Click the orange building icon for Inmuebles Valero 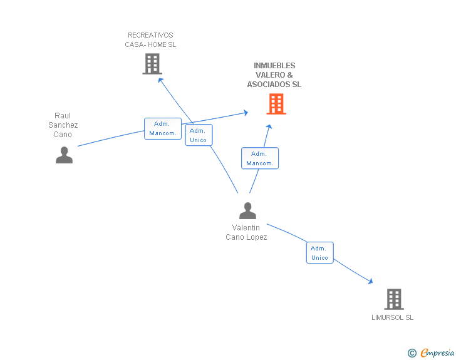276,104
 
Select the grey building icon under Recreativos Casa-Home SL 152,64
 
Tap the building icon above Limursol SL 393,299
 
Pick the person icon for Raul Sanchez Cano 64,155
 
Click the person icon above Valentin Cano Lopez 247,211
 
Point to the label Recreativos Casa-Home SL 150,40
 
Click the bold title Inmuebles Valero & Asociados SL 274,75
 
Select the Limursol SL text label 392,317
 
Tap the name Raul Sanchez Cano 63,125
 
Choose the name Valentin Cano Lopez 246,232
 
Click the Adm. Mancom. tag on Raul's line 163,128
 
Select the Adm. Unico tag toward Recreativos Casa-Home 199,135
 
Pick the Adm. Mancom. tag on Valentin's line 259,158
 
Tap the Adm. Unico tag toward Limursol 319,253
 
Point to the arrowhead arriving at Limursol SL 371,282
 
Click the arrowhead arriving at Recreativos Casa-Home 160,79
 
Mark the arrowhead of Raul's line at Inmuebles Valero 246,113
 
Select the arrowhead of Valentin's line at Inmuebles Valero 269,126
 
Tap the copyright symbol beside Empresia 412,354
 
